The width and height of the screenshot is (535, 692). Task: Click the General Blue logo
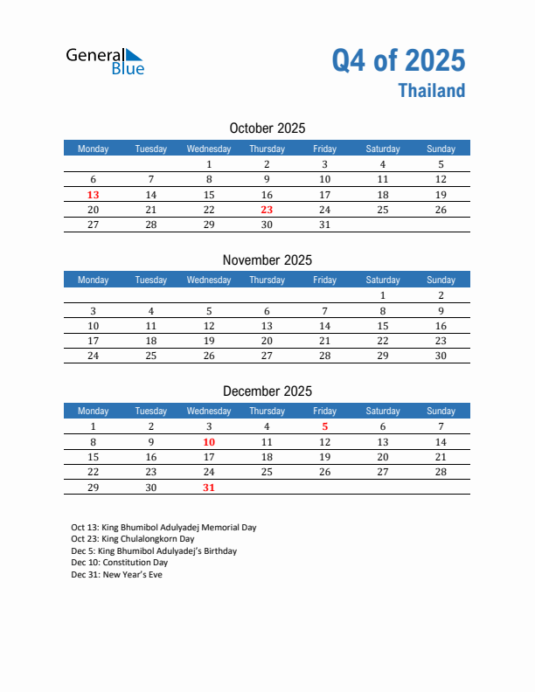pos(105,60)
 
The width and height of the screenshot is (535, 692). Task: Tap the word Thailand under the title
pos(432,91)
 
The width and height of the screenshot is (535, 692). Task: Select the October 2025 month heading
pos(267,128)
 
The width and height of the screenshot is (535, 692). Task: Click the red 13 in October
pos(94,195)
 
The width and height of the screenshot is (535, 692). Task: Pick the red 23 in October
pos(267,210)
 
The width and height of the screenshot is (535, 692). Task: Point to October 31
pos(324,225)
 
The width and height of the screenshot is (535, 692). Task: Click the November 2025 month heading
pos(267,259)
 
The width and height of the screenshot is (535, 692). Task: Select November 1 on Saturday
pos(382,295)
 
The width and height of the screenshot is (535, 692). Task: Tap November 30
pos(441,356)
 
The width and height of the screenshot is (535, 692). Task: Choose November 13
pos(267,326)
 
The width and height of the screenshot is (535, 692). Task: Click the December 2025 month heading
pos(267,391)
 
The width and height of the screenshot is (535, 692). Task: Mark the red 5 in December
pos(324,426)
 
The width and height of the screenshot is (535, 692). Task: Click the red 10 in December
pos(209,442)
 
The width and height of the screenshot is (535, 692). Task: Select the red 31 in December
pos(209,488)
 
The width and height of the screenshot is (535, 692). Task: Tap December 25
pos(267,472)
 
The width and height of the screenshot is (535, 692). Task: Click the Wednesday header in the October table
pos(209,149)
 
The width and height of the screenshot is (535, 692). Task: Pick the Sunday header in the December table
pos(441,411)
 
